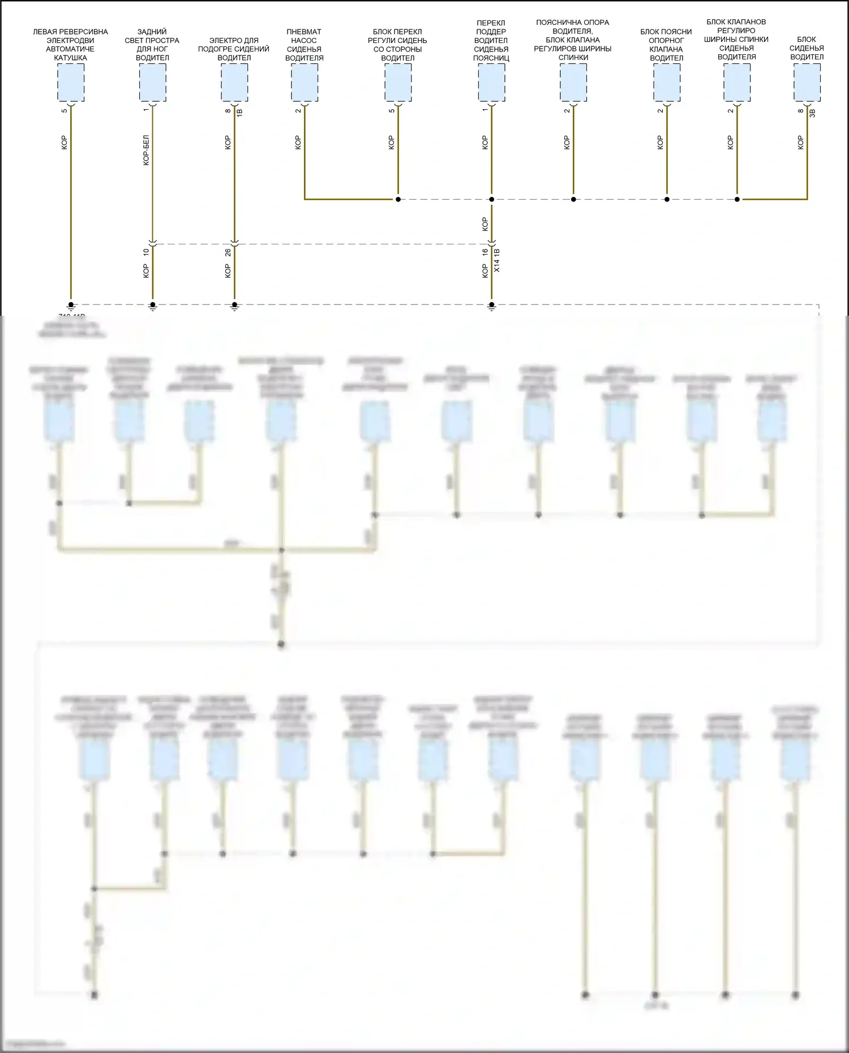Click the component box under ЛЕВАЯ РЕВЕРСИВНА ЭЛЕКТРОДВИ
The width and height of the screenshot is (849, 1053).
click(x=71, y=83)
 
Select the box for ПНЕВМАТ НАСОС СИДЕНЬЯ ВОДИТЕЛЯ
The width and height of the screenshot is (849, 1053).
click(x=305, y=83)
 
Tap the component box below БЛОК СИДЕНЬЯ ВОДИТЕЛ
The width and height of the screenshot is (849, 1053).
click(x=807, y=83)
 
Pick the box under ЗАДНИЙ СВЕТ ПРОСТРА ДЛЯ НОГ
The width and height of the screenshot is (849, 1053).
click(x=152, y=83)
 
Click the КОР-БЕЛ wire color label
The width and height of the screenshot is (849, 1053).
click(x=146, y=150)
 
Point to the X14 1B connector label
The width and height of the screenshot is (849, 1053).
click(x=498, y=260)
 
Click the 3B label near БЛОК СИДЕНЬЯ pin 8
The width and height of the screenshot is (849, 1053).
click(x=812, y=112)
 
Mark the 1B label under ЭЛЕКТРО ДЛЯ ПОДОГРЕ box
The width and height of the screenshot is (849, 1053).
click(x=239, y=112)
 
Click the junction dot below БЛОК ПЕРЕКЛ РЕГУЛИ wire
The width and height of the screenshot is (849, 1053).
click(x=398, y=199)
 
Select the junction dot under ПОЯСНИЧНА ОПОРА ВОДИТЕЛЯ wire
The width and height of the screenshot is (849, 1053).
click(x=573, y=199)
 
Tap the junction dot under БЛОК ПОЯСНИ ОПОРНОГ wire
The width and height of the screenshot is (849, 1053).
click(x=667, y=199)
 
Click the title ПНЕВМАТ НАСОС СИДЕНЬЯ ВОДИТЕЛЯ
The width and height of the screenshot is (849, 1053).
click(x=305, y=45)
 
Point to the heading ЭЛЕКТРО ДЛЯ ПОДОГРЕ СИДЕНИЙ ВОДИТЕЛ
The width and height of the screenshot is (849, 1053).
click(x=234, y=49)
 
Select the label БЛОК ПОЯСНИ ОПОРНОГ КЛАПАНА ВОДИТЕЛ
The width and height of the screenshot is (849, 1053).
click(x=666, y=45)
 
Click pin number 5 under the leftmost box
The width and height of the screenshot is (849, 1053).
click(x=65, y=110)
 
